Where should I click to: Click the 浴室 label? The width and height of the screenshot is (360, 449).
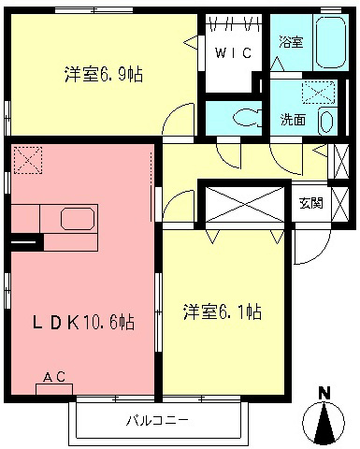290,42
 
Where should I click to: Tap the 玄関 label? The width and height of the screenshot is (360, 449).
312,202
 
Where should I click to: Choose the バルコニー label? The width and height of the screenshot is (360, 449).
159,420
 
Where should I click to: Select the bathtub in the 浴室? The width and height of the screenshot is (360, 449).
327,43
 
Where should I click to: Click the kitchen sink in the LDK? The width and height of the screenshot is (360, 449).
77,220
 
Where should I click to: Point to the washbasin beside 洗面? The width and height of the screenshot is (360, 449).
325,121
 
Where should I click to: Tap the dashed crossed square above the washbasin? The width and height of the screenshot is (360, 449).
322,93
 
